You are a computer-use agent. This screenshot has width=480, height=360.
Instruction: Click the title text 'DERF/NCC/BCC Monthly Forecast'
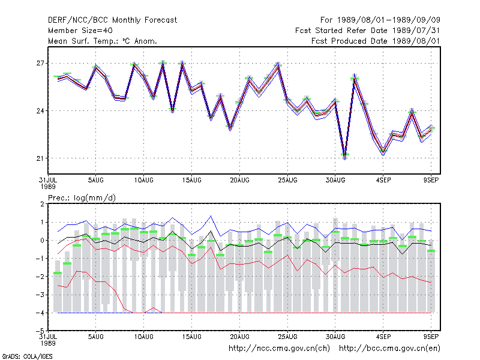click(x=112, y=20)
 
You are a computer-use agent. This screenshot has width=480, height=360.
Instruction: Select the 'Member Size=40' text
click(x=80, y=31)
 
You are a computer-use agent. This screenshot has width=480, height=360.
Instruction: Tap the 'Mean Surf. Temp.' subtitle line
click(x=102, y=41)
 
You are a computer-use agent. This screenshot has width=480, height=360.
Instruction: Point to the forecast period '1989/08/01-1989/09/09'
click(x=388, y=20)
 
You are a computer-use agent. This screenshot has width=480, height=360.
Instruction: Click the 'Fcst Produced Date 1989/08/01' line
click(x=376, y=41)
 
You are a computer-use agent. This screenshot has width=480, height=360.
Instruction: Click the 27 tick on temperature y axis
click(x=40, y=64)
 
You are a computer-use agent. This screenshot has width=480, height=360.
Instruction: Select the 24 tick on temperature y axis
click(x=40, y=111)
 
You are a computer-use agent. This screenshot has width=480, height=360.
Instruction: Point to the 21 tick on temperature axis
click(x=40, y=158)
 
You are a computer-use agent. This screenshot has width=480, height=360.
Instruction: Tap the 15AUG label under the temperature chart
click(x=191, y=181)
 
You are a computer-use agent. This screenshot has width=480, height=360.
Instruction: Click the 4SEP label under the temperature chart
click(x=383, y=181)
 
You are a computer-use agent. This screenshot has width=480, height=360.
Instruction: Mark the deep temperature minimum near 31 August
click(x=344, y=158)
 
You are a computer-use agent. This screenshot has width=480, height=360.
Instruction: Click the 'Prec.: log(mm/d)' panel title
click(x=82, y=198)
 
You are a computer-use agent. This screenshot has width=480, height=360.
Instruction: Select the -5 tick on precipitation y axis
click(x=40, y=331)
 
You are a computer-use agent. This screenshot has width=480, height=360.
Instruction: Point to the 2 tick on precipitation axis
click(x=42, y=204)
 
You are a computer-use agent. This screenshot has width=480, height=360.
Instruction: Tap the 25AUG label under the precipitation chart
click(x=287, y=337)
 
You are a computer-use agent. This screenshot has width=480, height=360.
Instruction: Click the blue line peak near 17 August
click(x=211, y=216)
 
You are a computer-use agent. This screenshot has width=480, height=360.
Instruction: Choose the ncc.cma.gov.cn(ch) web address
click(x=279, y=349)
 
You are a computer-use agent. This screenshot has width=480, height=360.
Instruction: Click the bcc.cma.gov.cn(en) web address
click(x=389, y=349)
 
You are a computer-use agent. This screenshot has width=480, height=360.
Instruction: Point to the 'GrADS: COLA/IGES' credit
click(x=27, y=356)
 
